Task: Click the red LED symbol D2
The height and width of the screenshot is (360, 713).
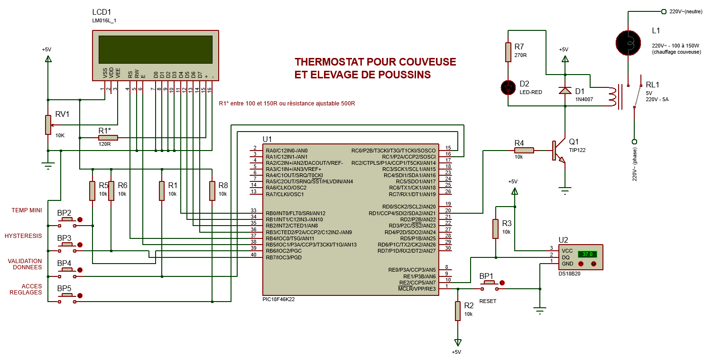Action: [508, 87]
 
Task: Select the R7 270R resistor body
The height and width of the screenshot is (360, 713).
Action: [508, 52]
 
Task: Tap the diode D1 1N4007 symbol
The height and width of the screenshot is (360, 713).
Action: [565, 90]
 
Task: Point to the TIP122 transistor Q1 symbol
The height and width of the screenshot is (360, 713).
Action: [557, 151]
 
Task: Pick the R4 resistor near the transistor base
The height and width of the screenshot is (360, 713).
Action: [524, 151]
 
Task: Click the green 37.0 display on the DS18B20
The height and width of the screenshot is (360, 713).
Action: [587, 254]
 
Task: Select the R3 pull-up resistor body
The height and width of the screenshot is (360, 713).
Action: [495, 229]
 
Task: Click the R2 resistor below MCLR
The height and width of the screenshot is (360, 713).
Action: [457, 311]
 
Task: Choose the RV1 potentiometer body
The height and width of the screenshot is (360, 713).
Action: [48, 125]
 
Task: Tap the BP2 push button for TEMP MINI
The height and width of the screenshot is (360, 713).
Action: [66, 220]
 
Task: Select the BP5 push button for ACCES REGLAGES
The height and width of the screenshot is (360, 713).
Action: [66, 295]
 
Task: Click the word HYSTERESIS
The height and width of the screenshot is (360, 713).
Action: [23, 236]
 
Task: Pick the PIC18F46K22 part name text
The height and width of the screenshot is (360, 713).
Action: [281, 300]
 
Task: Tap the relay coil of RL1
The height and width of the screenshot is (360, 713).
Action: [612, 96]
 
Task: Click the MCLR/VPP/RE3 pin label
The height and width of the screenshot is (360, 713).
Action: [417, 288]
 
